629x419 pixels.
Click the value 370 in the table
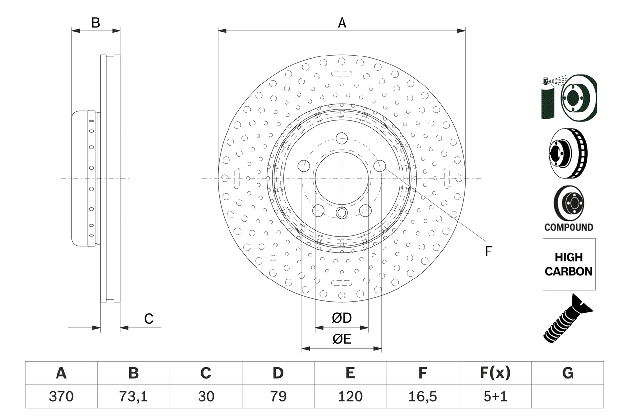pyautogui.click(x=61, y=396)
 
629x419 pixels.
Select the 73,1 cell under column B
pyautogui.click(x=133, y=396)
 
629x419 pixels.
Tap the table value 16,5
pyautogui.click(x=422, y=396)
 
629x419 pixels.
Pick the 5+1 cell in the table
pyautogui.click(x=495, y=396)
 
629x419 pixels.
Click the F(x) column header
pyautogui.click(x=495, y=373)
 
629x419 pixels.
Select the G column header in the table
pyautogui.click(x=568, y=373)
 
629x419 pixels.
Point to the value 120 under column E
pyautogui.click(x=350, y=396)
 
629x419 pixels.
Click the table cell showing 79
pyautogui.click(x=278, y=396)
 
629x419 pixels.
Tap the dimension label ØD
pyautogui.click(x=342, y=318)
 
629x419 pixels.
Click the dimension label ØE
pyautogui.click(x=342, y=339)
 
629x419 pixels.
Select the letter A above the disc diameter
pyautogui.click(x=342, y=23)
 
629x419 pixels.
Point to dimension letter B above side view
pyautogui.click(x=96, y=23)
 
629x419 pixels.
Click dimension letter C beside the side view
pyautogui.click(x=149, y=319)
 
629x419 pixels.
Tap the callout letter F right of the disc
pyautogui.click(x=488, y=251)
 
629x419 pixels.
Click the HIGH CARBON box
pyautogui.click(x=569, y=264)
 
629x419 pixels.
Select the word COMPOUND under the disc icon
pyautogui.click(x=569, y=227)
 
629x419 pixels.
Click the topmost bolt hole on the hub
pyautogui.click(x=342, y=139)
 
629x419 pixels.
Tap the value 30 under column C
pyautogui.click(x=205, y=396)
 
